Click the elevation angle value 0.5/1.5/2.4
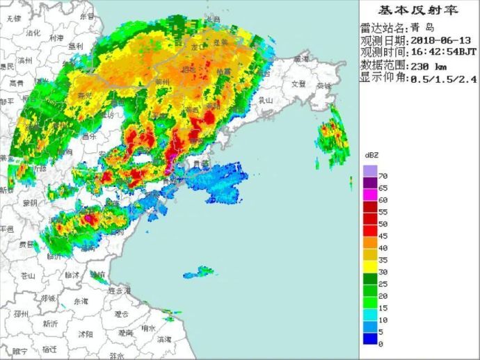coord(442,79)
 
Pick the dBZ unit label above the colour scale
coord(371,154)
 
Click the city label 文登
coord(298,84)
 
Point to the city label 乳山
coord(265,100)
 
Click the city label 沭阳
coord(86,334)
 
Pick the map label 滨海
coord(164,340)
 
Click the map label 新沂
coord(49,323)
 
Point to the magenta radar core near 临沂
coord(88,219)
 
